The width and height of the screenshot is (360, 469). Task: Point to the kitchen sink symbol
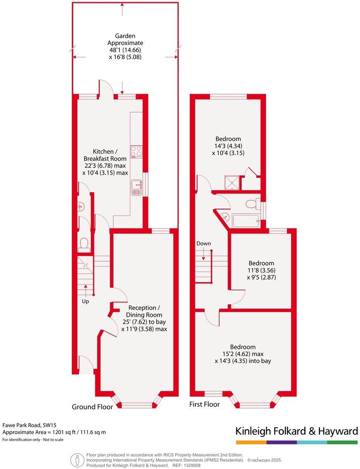[x=136, y=188]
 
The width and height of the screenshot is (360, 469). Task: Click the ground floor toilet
[x=84, y=244]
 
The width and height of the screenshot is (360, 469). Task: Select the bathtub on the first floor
[x=246, y=221]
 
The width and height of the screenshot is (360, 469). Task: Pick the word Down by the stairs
[x=204, y=243]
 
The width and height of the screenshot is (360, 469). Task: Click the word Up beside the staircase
[x=85, y=301]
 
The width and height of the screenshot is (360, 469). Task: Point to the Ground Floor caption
[x=92, y=407]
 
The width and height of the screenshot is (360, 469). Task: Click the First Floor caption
[x=205, y=404]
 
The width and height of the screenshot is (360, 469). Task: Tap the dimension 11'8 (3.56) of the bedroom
[x=261, y=271]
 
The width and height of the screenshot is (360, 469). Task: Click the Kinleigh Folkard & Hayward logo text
[x=296, y=431]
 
